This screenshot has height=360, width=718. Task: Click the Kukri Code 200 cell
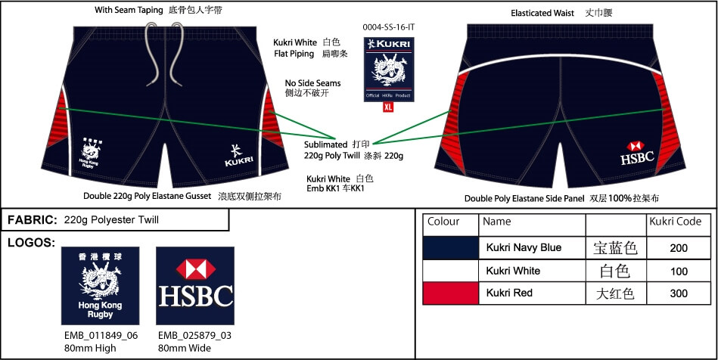pyautogui.click(x=679, y=248)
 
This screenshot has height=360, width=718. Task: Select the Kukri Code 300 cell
pyautogui.click(x=679, y=293)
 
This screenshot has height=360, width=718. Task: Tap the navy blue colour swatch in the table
pyautogui.click(x=450, y=248)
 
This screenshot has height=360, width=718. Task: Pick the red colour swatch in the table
pyautogui.click(x=450, y=293)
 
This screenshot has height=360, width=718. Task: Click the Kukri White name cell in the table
pyautogui.click(x=513, y=270)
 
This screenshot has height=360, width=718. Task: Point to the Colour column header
pyautogui.click(x=443, y=222)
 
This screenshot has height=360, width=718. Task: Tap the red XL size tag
pyautogui.click(x=388, y=107)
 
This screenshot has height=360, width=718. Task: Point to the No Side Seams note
pyautogui.click(x=312, y=83)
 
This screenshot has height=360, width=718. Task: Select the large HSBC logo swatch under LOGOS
pyautogui.click(x=195, y=285)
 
